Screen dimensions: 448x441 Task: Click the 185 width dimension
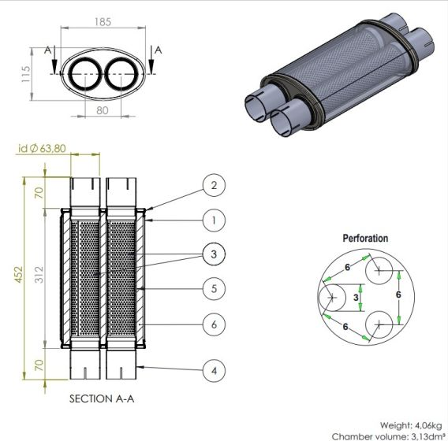click(x=103, y=22)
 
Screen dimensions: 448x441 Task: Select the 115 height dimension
click(x=26, y=74)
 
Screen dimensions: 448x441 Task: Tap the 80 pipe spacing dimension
click(x=103, y=110)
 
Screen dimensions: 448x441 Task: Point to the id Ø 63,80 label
click(x=42, y=148)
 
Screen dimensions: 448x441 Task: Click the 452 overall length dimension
click(x=18, y=275)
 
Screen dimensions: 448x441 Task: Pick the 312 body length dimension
click(x=39, y=275)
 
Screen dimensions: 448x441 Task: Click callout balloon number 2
click(x=214, y=185)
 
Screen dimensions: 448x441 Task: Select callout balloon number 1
click(x=214, y=220)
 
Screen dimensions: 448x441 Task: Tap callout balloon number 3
click(x=214, y=254)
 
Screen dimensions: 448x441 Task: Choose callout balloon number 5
click(x=214, y=289)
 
